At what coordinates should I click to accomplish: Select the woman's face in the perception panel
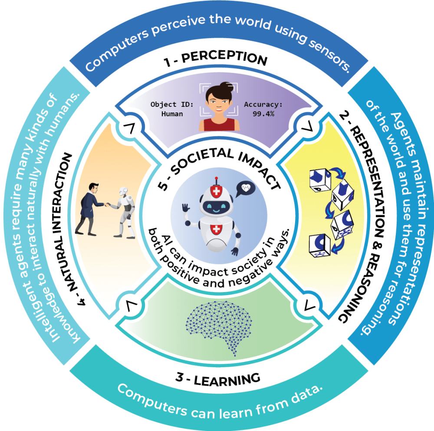point(219,98)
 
